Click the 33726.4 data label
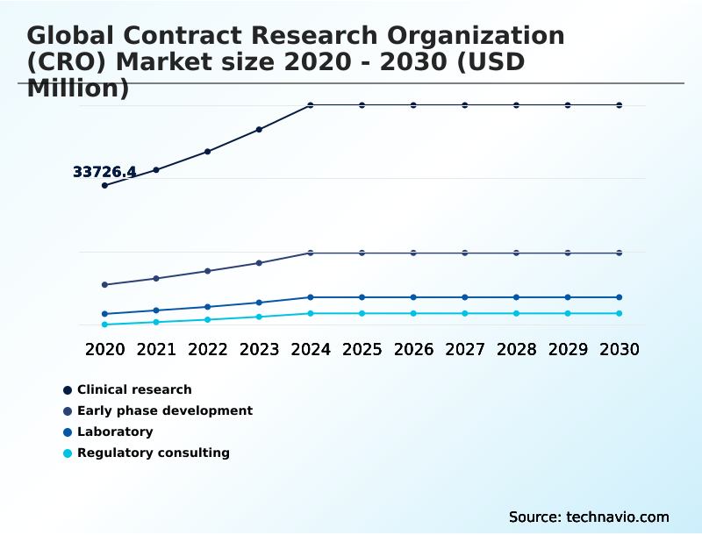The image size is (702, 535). click(104, 172)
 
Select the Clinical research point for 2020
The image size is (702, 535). click(104, 185)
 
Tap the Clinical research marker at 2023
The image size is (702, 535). click(259, 130)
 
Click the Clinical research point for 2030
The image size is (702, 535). click(619, 105)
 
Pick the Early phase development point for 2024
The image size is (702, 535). click(311, 253)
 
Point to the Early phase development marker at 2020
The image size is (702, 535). click(104, 285)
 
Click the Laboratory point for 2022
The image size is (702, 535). click(208, 307)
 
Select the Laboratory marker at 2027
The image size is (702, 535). click(465, 297)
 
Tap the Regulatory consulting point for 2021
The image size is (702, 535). click(156, 322)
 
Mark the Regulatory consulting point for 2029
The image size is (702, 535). click(568, 313)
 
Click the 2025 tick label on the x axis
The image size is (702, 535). click(362, 349)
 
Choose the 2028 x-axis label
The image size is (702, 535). click(516, 349)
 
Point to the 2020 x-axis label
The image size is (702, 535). click(104, 349)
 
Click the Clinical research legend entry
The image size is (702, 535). click(133, 389)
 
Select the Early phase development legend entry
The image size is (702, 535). click(164, 410)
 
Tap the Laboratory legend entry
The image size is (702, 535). click(114, 432)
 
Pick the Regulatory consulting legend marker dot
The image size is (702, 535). click(68, 453)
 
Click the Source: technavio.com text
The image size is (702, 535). click(589, 517)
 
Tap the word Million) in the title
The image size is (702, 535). click(78, 88)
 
